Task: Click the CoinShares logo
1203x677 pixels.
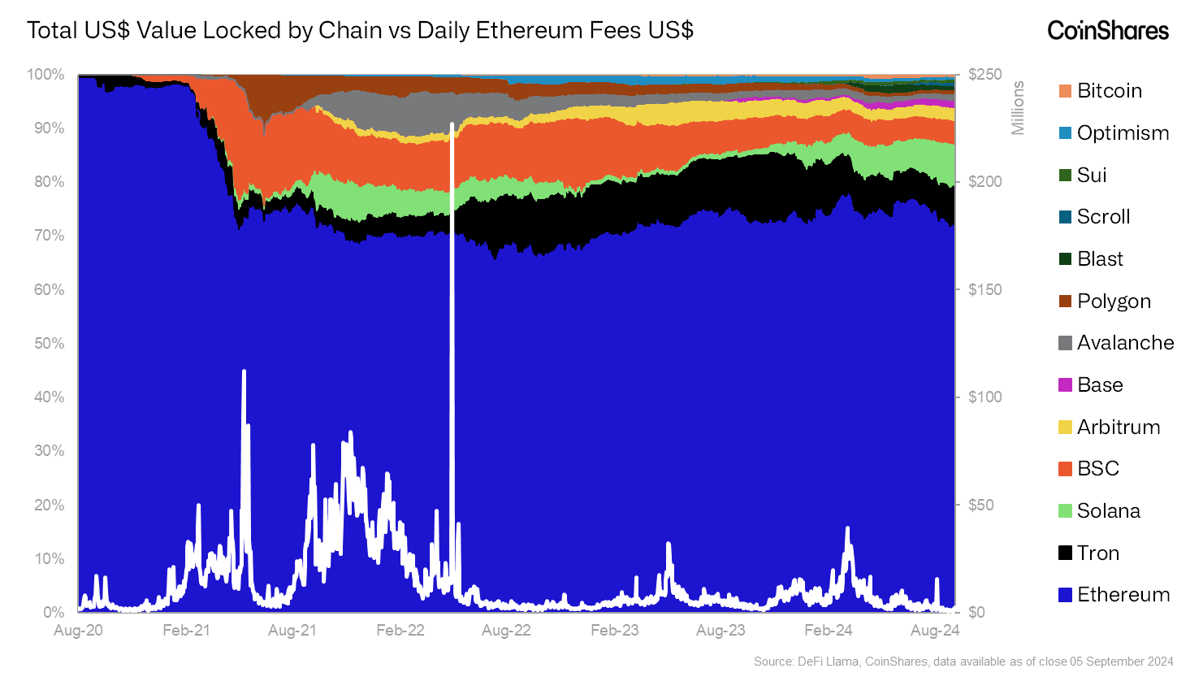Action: pos(1107,31)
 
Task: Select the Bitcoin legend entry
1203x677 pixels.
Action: pos(1109,91)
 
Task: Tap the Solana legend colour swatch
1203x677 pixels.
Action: pos(1065,511)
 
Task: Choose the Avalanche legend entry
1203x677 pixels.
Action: pos(1125,343)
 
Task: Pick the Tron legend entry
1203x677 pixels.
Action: pos(1097,553)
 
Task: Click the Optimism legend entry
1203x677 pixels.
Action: pos(1123,133)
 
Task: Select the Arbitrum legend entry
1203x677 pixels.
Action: pos(1118,427)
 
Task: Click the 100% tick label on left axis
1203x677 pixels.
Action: pos(45,75)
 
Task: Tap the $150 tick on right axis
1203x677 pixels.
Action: pos(984,289)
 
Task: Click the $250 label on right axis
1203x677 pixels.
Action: pos(984,75)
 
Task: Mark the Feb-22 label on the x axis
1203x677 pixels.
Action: pos(400,631)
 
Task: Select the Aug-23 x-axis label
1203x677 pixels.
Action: pos(721,631)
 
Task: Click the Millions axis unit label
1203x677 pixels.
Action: pos(1018,107)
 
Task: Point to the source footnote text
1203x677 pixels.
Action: pos(963,662)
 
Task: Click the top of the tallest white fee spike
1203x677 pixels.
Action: pos(452,124)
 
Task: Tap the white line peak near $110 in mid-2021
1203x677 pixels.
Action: pos(244,371)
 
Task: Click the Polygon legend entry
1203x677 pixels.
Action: pos(1114,302)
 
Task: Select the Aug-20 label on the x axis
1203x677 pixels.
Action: pos(79,631)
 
